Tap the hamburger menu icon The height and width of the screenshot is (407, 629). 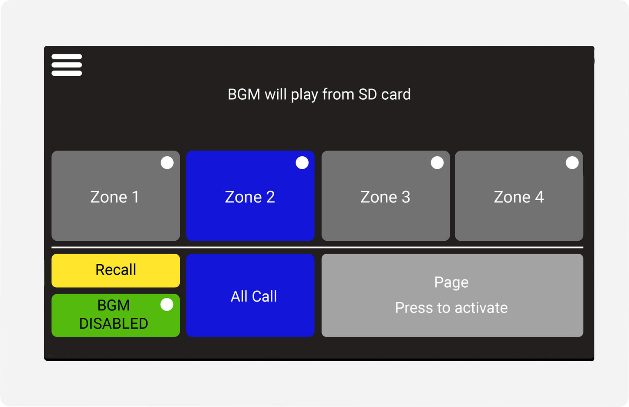coord(67,65)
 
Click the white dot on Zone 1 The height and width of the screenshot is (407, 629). coord(167,163)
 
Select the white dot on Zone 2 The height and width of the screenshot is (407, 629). coord(302,163)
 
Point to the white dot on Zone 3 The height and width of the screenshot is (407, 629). coord(437,163)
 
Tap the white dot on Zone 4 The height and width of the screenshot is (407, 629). coord(572,163)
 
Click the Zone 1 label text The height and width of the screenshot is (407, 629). coord(114,197)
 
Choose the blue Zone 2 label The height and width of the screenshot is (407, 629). coord(250,197)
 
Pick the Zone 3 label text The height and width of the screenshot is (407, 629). coord(385,197)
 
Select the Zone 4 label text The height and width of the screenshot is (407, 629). coord(518,197)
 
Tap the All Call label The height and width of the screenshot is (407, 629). coord(254,296)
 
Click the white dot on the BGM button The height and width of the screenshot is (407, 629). coord(167,304)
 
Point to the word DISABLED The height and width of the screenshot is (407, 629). coord(114,323)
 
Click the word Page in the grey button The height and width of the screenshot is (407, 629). coord(451,283)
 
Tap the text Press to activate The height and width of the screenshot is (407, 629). coord(451,308)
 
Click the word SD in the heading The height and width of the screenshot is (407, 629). coord(367,94)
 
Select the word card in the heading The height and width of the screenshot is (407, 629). coord(396,94)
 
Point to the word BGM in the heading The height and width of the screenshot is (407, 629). coord(244,94)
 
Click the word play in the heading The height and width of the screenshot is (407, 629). coord(304,95)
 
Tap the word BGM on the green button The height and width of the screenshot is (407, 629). coord(114,305)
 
